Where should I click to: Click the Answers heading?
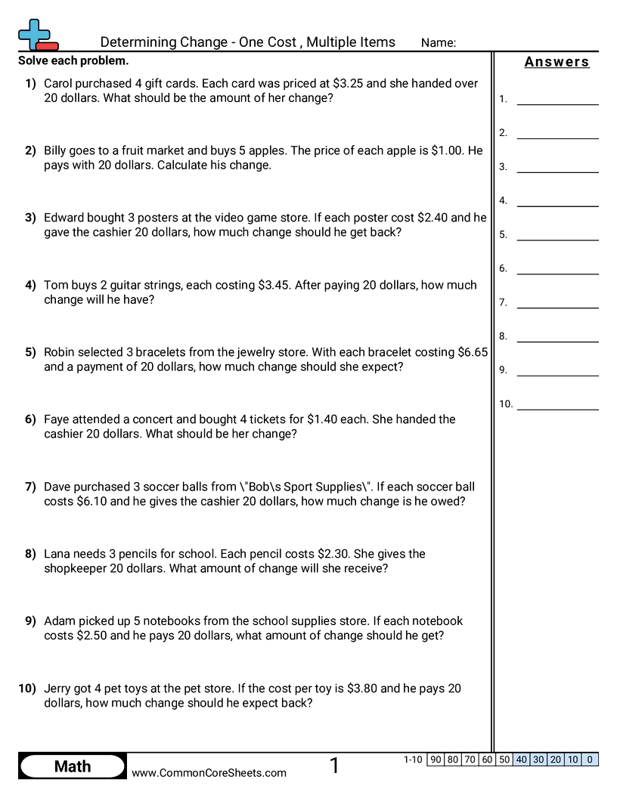(x=557, y=62)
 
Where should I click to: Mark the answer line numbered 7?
(x=557, y=304)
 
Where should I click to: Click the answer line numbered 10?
(x=557, y=406)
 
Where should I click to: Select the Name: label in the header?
(x=438, y=43)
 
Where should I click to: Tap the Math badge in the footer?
(x=73, y=766)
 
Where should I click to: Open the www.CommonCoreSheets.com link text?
(x=209, y=772)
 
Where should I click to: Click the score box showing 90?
(x=436, y=760)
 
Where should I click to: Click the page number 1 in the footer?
(x=335, y=766)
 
